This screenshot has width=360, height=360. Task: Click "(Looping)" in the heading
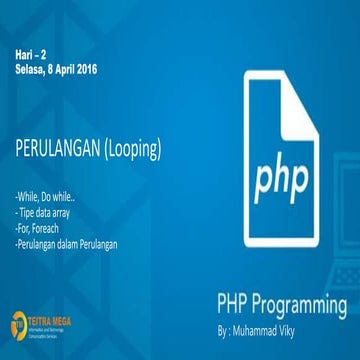[x=132, y=150]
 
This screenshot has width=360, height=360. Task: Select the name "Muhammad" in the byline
[x=268, y=325]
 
